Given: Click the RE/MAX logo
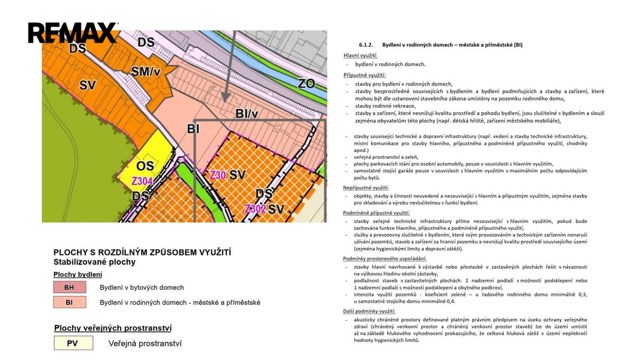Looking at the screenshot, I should (73, 32).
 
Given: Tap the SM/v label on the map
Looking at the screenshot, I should (145, 72).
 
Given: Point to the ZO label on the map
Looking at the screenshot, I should (306, 83).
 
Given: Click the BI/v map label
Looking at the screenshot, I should (247, 113).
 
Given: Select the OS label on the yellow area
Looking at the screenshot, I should (145, 166).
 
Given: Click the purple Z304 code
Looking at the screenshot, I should (142, 181).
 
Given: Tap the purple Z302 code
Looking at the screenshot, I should (255, 208).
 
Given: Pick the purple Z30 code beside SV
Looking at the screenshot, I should (218, 175).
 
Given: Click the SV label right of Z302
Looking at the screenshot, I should (275, 209).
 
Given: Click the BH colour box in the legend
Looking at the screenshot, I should (69, 287).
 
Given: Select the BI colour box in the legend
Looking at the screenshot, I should (69, 303).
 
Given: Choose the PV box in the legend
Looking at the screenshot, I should (73, 343).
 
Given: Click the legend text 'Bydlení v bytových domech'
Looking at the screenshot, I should (142, 287).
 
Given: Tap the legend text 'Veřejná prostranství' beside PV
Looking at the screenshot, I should (145, 343).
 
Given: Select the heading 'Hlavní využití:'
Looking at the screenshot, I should (360, 55).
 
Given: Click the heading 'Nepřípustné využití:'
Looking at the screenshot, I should (366, 187).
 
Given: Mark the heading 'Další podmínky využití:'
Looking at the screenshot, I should (369, 311).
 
